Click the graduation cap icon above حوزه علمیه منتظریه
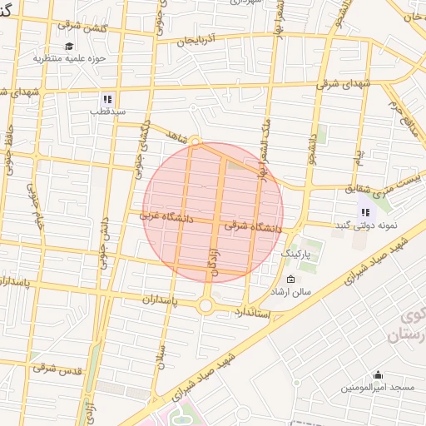pyautogui.click(x=69, y=46)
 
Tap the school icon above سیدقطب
pyautogui.click(x=106, y=97)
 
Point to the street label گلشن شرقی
pyautogui.click(x=73, y=28)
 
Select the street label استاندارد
pyautogui.click(x=253, y=312)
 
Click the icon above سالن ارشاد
pyautogui.click(x=290, y=279)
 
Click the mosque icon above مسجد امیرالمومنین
pyautogui.click(x=378, y=374)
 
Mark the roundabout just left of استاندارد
pyautogui.click(x=206, y=306)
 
